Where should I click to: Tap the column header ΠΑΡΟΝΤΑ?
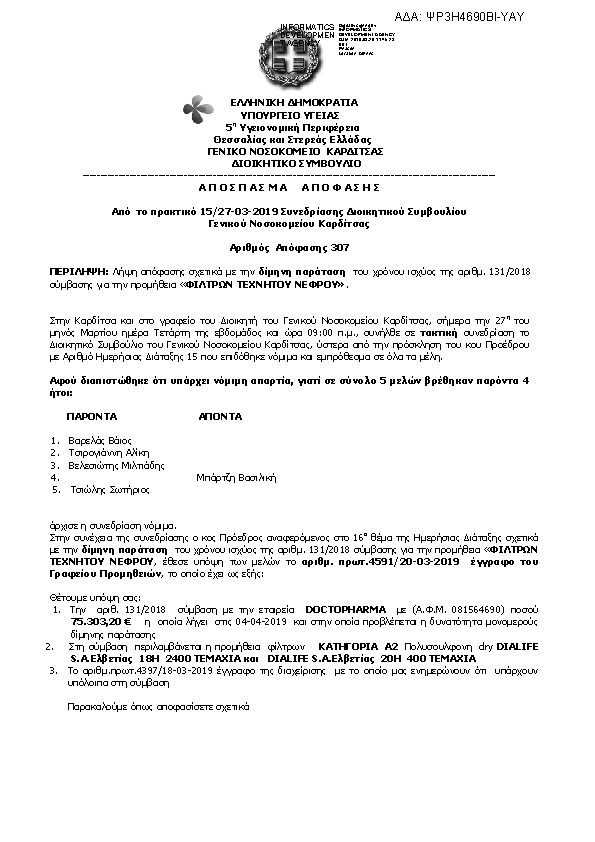[92, 414]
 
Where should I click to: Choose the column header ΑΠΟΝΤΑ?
[219, 414]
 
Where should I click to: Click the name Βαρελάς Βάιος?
[100, 440]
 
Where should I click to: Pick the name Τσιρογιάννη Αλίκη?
[108, 452]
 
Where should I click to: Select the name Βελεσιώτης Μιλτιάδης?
[115, 465]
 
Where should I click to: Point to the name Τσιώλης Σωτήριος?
[108, 490]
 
